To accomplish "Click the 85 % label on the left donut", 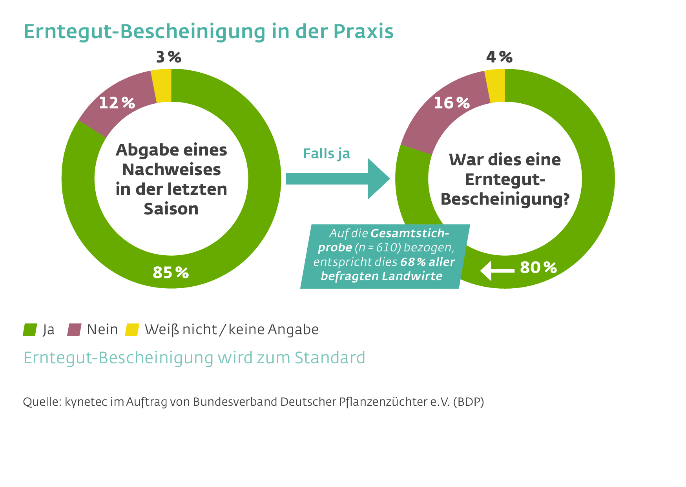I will click(x=171, y=273).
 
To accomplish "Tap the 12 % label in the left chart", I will click(x=117, y=103).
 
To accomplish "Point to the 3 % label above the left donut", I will click(x=169, y=57).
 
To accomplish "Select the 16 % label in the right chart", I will click(x=452, y=103).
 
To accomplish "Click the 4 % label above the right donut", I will click(x=499, y=57).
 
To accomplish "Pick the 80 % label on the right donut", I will click(x=538, y=268).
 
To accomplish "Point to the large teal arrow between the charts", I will click(x=338, y=179).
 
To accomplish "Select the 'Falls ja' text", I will click(x=326, y=154).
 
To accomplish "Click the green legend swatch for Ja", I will click(x=30, y=330).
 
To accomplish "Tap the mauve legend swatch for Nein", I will click(x=74, y=330).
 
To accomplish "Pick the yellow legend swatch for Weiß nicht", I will click(x=132, y=330).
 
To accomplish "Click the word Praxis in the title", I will click(x=363, y=31).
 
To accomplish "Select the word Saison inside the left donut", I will click(x=171, y=209).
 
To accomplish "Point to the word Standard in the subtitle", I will click(x=330, y=358).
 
